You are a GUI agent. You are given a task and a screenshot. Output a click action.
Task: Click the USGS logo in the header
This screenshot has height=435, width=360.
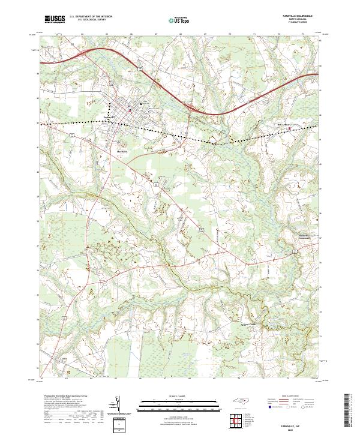click(55, 19)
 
